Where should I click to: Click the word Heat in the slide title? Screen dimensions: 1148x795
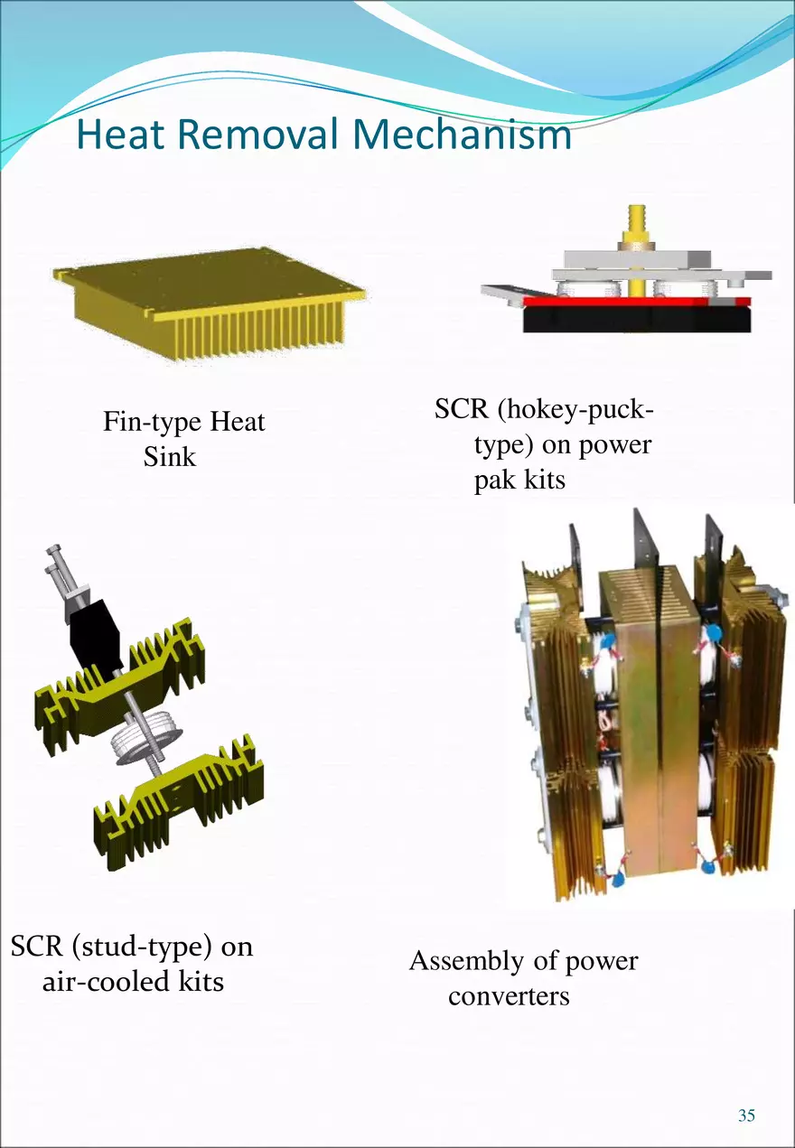(x=121, y=135)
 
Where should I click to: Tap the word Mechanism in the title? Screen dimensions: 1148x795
(x=462, y=135)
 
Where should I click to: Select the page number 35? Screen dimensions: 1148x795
(x=746, y=1115)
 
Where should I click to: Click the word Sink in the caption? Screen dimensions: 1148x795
(x=169, y=456)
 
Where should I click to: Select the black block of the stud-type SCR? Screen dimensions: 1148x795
(x=94, y=632)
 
